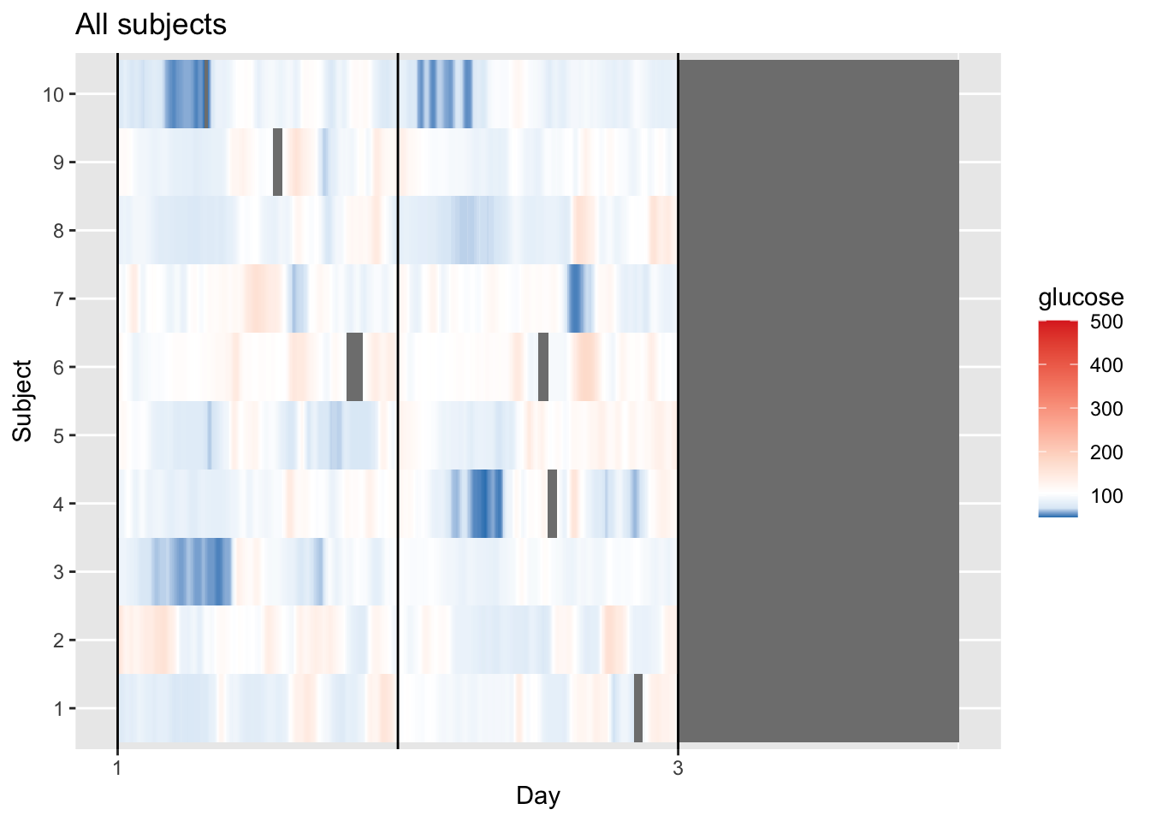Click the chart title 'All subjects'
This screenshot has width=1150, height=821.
[151, 25]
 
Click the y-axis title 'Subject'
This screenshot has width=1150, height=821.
[22, 401]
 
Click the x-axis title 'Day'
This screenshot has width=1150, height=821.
[537, 796]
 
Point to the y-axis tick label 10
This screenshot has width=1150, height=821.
[53, 94]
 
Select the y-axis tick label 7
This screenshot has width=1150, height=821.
[58, 299]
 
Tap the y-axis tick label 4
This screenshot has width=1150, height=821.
[58, 504]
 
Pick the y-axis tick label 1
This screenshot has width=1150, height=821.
[58, 709]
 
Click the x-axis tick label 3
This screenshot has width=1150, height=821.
[678, 768]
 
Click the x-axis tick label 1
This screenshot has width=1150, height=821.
[117, 768]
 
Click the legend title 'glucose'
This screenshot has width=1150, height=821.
[1080, 298]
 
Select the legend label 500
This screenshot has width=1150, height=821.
[1106, 322]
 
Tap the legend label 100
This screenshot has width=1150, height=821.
[1106, 496]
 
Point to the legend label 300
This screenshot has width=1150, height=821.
[1106, 409]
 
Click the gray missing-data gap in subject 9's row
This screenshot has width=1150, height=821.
[277, 162]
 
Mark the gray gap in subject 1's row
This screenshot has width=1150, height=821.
[638, 708]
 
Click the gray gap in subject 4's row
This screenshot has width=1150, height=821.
[552, 504]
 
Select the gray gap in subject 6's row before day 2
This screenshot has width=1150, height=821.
[354, 367]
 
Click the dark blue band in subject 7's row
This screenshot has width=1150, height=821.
[575, 298]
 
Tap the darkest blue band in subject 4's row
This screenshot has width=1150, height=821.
[483, 504]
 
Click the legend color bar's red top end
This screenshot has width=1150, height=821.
[1058, 325]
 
